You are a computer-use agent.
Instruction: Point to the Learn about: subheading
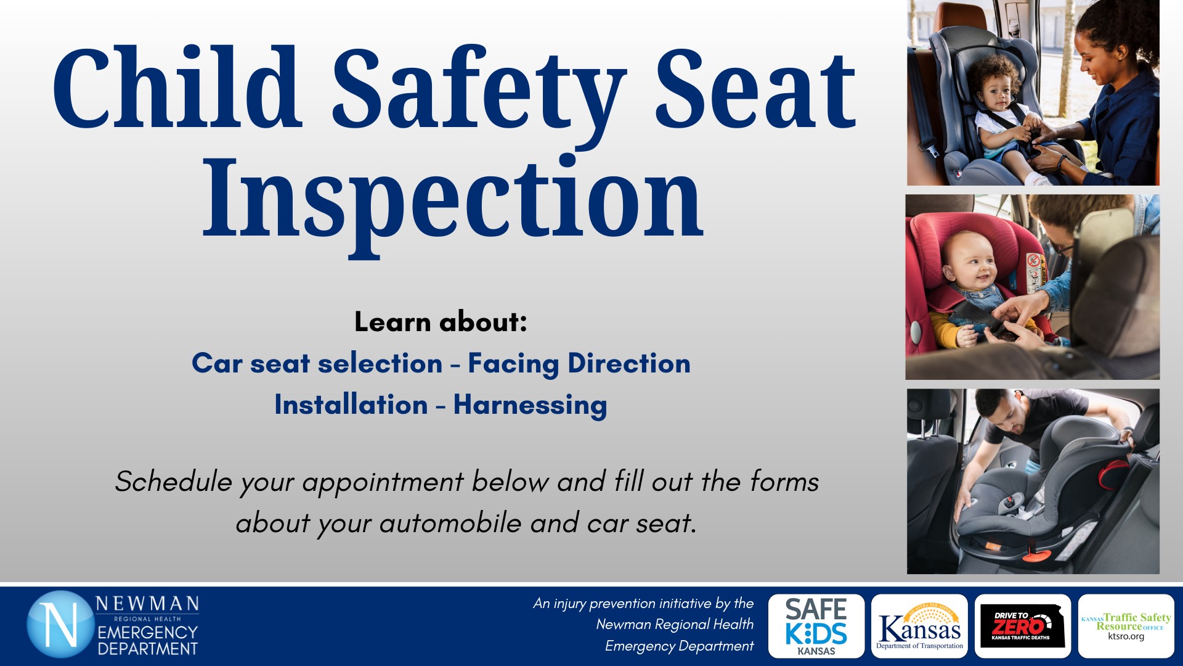(x=441, y=322)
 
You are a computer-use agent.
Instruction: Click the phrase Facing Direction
(x=579, y=363)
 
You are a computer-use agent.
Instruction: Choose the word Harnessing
(x=530, y=405)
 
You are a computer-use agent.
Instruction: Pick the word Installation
(x=351, y=405)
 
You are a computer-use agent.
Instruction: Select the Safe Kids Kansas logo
(x=816, y=626)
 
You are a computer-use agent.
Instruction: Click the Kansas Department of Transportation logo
(x=919, y=626)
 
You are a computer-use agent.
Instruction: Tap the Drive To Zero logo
(x=1022, y=626)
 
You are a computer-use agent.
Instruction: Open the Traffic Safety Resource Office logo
(x=1126, y=626)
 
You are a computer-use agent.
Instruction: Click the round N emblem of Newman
(x=60, y=625)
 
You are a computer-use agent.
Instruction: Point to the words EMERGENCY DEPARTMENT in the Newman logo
(x=148, y=641)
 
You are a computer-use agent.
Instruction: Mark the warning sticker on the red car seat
(x=1035, y=272)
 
